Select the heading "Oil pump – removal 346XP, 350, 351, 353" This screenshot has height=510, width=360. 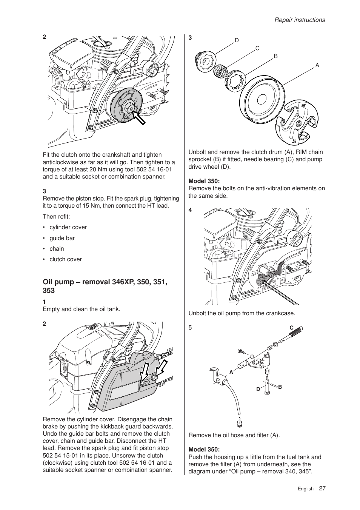(105, 286)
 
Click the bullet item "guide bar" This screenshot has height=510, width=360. (62, 238)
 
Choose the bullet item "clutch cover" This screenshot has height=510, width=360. (65, 259)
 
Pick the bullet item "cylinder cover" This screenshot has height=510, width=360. (68, 227)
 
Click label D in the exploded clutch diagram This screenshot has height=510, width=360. (237, 40)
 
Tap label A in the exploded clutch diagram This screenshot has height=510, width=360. (317, 65)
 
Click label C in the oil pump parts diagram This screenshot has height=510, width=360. (291, 328)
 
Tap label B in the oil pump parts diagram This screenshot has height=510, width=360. (280, 387)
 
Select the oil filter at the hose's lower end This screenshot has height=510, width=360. (239, 422)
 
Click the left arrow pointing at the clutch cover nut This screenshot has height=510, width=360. (144, 372)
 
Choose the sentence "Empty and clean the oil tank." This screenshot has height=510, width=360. (82, 309)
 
